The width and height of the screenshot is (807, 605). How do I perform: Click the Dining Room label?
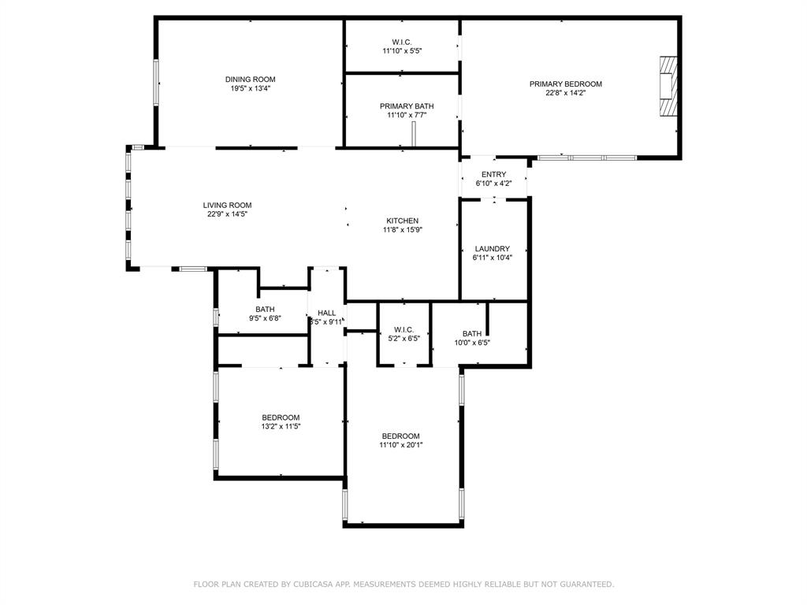tap(250, 80)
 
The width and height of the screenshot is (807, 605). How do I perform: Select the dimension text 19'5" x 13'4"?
tap(250, 89)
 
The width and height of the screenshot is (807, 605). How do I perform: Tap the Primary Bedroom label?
tap(565, 84)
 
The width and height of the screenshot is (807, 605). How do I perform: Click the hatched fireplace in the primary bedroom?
tap(668, 86)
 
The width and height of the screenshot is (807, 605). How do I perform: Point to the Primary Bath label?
tap(406, 106)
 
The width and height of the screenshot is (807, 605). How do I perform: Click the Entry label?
tap(493, 175)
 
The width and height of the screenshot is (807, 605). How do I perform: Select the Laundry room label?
tap(492, 249)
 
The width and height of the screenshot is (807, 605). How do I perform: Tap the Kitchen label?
tap(402, 221)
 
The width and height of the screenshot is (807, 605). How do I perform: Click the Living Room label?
tap(227, 206)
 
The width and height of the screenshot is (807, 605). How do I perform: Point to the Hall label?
tap(326, 313)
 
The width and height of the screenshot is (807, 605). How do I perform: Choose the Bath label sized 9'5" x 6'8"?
tap(265, 310)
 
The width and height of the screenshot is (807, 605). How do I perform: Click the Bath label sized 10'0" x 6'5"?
tap(472, 334)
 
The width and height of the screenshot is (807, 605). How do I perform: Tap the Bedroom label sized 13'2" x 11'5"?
tap(281, 418)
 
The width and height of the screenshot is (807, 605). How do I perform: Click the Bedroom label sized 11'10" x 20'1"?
tap(400, 436)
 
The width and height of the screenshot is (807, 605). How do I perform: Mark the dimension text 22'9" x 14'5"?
tap(227, 214)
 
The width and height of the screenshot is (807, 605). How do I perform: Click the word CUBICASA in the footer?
tap(315, 585)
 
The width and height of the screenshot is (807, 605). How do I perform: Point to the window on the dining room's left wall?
tap(156, 82)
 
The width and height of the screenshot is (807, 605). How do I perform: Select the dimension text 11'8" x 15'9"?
tap(402, 230)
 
